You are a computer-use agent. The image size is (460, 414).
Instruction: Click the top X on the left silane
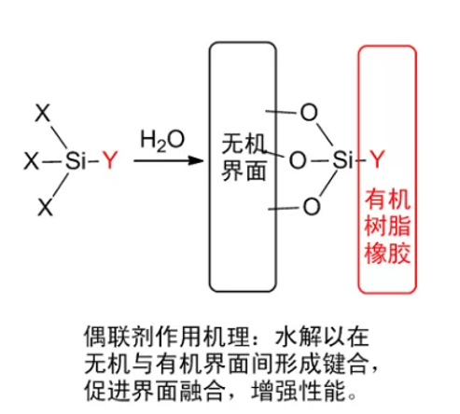pos(43,113)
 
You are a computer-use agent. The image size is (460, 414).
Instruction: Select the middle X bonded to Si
pos(32,161)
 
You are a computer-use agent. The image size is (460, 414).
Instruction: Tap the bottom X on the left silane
pos(46,207)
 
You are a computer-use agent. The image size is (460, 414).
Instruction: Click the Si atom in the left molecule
pos(75,160)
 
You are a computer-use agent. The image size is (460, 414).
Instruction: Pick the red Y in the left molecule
pos(110,160)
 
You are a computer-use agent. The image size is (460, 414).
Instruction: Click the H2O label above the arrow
pos(162,141)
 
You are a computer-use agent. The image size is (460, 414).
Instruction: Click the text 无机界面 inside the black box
pos(244,158)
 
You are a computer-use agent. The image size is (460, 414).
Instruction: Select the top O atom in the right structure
pos(309,112)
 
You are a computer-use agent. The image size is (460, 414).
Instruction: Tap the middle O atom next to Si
pos(298,160)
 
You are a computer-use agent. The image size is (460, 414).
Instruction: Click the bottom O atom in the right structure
pos(312,206)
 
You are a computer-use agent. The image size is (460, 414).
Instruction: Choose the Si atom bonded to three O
pos(342,160)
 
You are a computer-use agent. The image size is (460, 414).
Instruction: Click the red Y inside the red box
pos(377,159)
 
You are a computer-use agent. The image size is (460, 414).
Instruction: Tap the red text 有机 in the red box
pos(387,200)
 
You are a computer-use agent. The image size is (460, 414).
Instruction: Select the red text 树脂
pos(387,226)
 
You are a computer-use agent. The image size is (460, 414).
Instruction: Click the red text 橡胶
pos(387,253)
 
